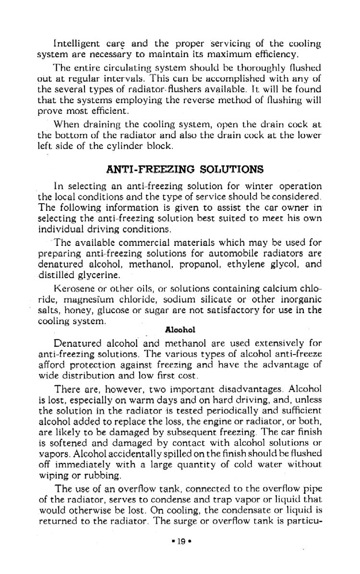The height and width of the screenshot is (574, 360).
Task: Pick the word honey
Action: [x=71, y=310]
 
